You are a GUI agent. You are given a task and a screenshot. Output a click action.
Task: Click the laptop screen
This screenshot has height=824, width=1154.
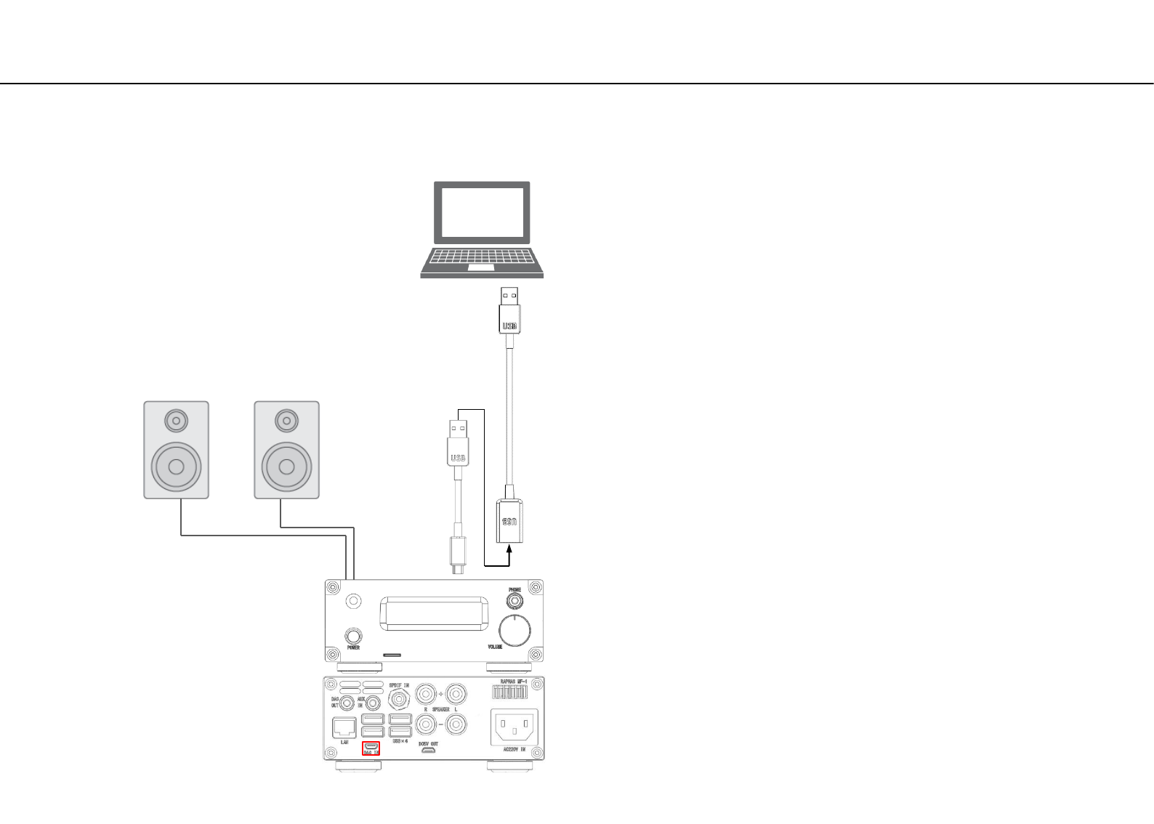pyautogui.click(x=482, y=212)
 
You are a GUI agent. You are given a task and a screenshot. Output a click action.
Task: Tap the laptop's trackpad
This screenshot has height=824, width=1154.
pyautogui.click(x=481, y=267)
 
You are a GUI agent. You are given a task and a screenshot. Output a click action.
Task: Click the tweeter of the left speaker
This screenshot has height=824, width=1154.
pyautogui.click(x=176, y=420)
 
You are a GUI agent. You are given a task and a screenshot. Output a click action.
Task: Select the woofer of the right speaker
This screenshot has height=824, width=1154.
pyautogui.click(x=286, y=466)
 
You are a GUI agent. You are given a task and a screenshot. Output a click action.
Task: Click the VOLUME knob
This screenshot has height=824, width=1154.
pyautogui.click(x=515, y=629)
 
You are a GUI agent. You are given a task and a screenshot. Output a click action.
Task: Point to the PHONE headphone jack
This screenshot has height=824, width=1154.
pyautogui.click(x=515, y=601)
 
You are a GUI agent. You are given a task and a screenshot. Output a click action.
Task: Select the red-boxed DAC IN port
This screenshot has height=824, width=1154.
pyautogui.click(x=371, y=746)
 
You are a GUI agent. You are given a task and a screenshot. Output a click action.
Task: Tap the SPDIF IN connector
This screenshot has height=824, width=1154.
pyautogui.click(x=399, y=699)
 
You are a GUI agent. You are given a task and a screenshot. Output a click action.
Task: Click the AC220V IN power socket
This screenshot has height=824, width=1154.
pyautogui.click(x=515, y=725)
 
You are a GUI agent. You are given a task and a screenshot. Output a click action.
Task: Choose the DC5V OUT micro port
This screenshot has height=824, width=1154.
pyautogui.click(x=428, y=751)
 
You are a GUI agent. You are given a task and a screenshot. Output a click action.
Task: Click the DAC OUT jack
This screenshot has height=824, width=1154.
pyautogui.click(x=347, y=703)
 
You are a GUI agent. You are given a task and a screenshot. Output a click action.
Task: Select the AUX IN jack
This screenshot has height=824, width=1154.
pyautogui.click(x=374, y=703)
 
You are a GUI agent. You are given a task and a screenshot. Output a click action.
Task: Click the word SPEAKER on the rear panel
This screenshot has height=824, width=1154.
pyautogui.click(x=441, y=709)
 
